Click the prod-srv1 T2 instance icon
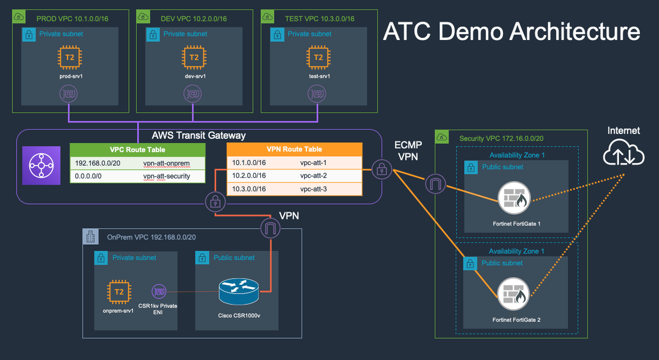[70, 57]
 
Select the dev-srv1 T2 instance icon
[194, 57]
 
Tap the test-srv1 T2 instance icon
[318, 57]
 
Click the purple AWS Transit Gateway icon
[40, 165]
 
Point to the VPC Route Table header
[137, 149]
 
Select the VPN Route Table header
[294, 149]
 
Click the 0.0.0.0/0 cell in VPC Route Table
[90, 176]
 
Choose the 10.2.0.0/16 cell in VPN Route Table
[249, 176]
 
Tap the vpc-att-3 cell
[314, 188]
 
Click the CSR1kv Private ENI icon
[159, 291]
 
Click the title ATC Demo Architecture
[511, 31]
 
